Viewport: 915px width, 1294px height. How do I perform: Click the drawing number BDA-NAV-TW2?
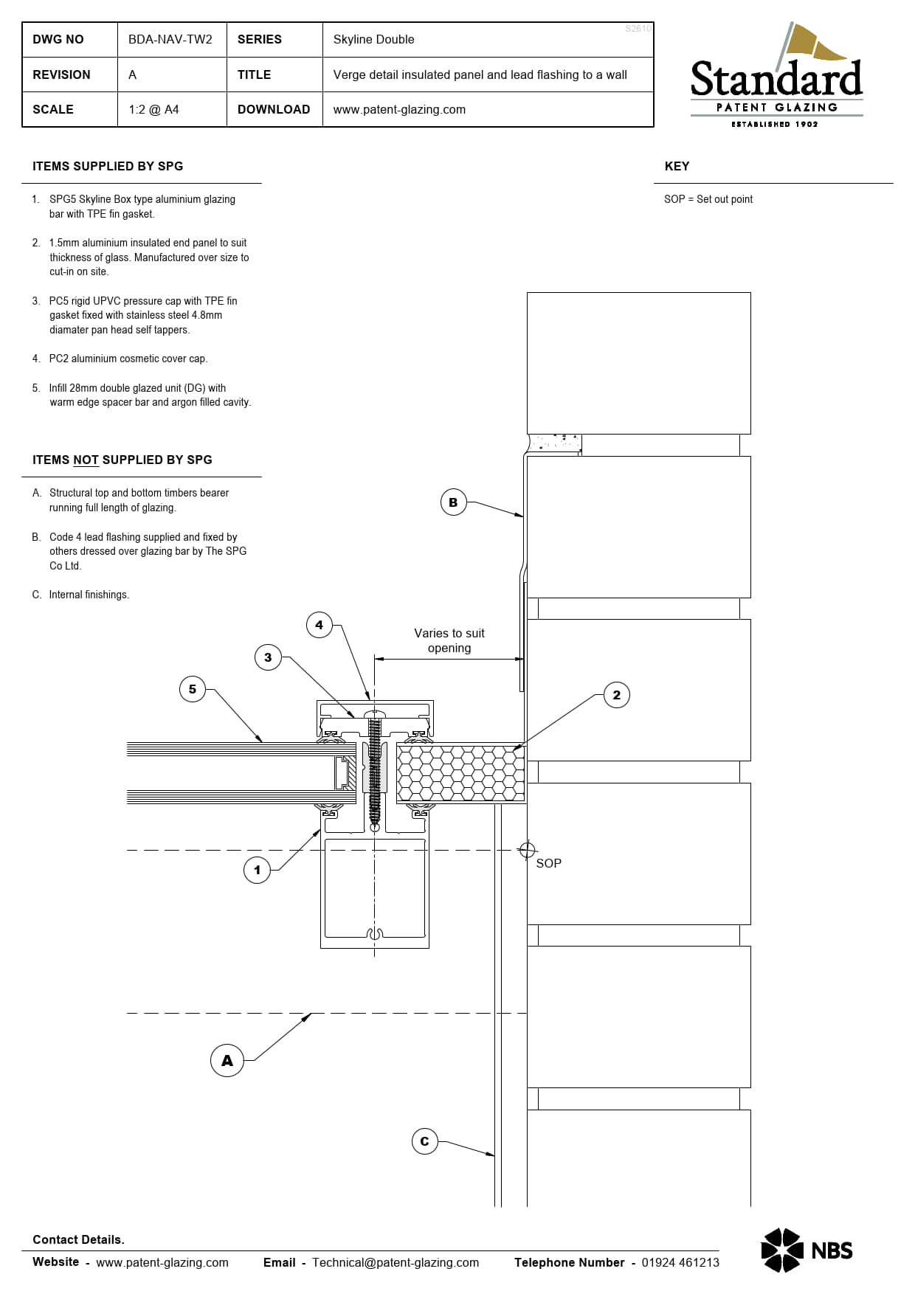click(x=170, y=39)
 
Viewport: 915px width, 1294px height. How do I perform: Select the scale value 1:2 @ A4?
click(x=153, y=109)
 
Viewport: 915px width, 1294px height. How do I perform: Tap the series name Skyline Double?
click(x=373, y=39)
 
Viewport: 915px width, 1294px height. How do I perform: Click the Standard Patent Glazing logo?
click(x=776, y=77)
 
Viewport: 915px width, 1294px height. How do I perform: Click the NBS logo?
click(x=807, y=1250)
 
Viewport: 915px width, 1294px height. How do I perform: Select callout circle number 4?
click(x=319, y=625)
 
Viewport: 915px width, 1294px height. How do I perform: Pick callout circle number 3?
click(x=268, y=657)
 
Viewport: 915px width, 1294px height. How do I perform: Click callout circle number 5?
click(x=193, y=689)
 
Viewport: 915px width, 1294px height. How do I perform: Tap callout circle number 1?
click(x=257, y=870)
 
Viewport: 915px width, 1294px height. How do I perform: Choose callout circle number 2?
click(x=617, y=695)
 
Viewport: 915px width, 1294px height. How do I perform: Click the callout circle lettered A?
click(x=227, y=1060)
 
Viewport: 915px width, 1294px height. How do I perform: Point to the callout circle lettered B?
click(x=453, y=502)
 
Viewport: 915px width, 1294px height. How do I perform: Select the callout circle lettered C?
click(x=424, y=1141)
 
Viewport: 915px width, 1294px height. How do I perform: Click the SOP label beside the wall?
click(x=548, y=863)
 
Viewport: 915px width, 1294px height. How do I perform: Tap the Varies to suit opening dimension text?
click(x=449, y=640)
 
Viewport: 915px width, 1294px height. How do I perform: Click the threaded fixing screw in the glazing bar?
click(x=375, y=767)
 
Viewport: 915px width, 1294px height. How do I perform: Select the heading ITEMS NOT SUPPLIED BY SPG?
click(x=122, y=460)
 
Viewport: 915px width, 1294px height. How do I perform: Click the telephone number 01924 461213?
click(x=680, y=1262)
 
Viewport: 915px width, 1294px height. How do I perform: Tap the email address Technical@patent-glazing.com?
click(x=396, y=1262)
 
